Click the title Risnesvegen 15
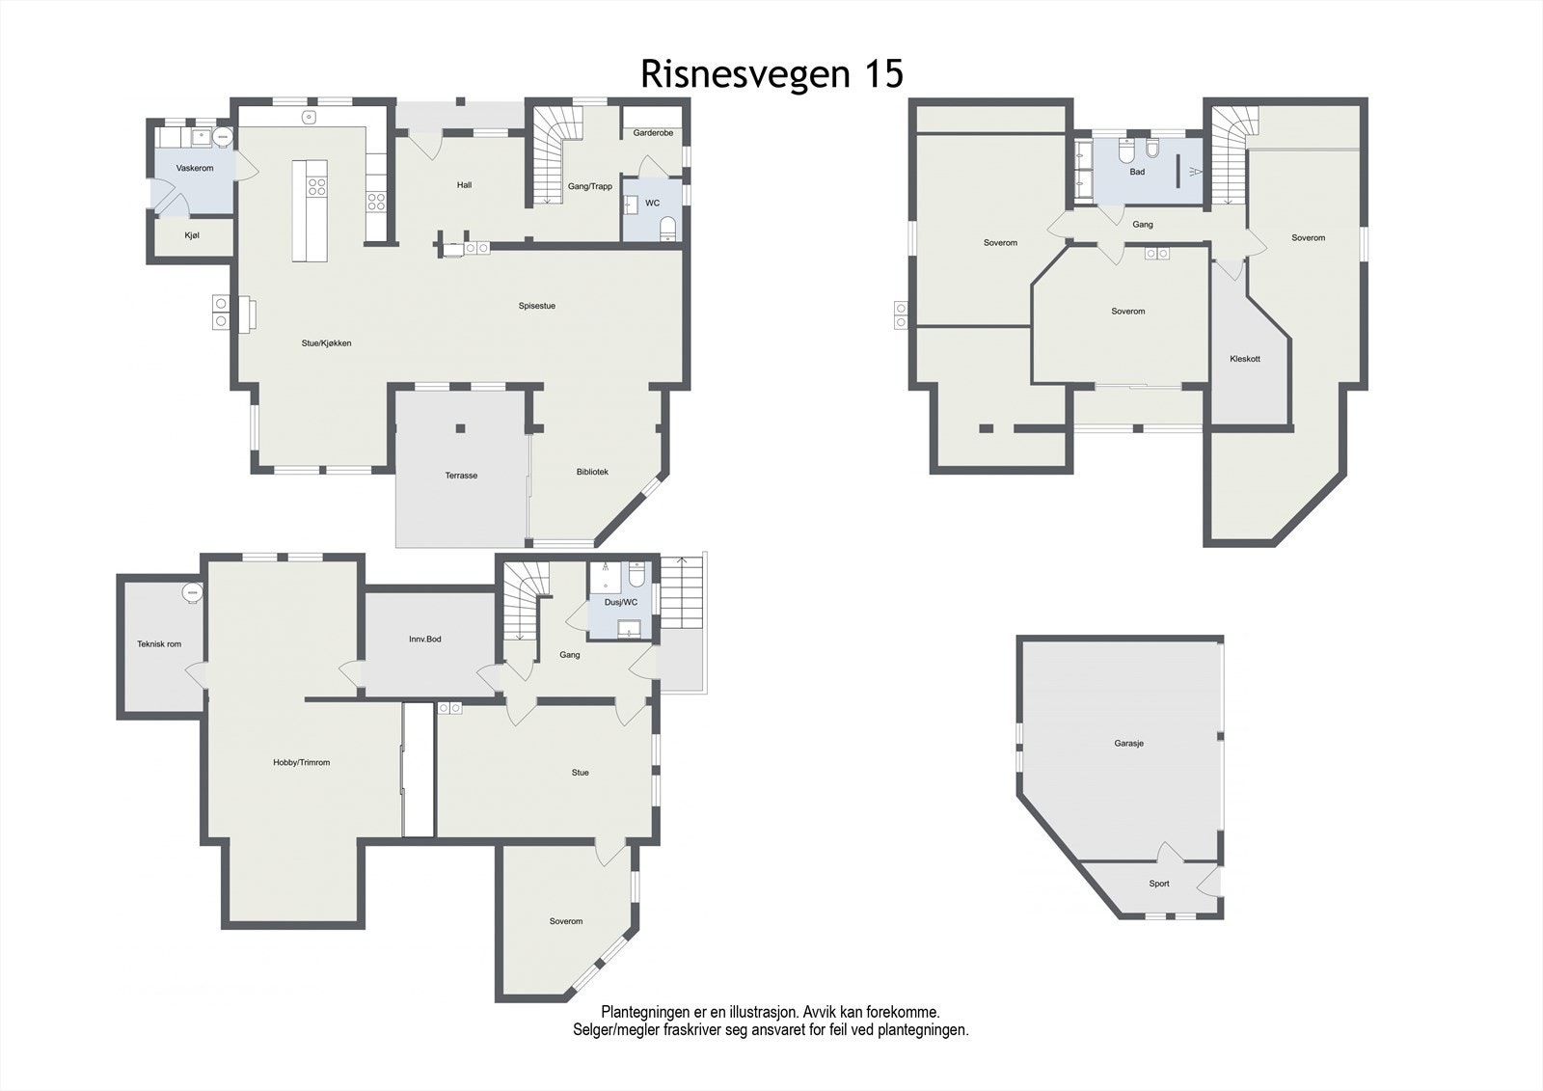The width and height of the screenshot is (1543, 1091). click(x=771, y=73)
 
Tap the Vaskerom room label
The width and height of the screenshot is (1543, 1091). click(x=195, y=168)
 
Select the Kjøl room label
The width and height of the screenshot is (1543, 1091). click(x=192, y=235)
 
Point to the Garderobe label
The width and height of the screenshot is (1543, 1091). click(x=653, y=133)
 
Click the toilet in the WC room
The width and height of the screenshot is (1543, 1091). click(x=667, y=229)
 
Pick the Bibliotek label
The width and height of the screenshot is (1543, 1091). click(x=592, y=472)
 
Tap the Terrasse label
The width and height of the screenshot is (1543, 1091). click(x=461, y=476)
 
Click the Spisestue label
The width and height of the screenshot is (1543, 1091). click(x=537, y=306)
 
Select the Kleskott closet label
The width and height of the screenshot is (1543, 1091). click(x=1245, y=359)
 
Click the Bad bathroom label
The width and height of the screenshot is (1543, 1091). click(x=1137, y=172)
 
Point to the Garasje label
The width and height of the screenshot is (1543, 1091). click(x=1129, y=744)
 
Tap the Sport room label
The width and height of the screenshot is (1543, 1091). click(x=1159, y=884)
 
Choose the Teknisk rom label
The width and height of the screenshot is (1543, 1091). click(x=159, y=644)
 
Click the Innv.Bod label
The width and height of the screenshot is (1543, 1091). click(x=425, y=639)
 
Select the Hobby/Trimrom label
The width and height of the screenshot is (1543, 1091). click(x=302, y=762)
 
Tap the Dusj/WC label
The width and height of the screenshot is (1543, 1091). click(x=621, y=602)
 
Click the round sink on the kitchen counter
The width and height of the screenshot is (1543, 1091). click(x=310, y=117)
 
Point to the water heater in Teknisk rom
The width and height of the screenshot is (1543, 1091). click(x=192, y=592)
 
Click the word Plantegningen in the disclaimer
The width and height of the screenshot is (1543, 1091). click(x=645, y=1013)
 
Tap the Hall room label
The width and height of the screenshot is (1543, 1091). click(x=464, y=184)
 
